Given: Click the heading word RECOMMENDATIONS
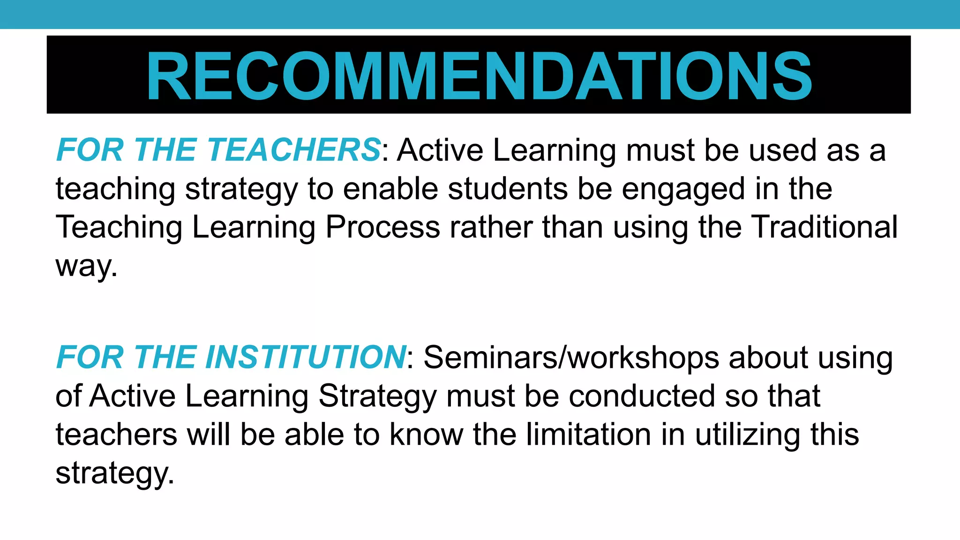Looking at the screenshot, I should tap(479, 76).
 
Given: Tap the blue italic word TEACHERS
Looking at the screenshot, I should tap(294, 150).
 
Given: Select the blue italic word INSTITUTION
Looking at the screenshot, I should tap(306, 357).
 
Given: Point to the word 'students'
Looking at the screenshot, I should tap(507, 188).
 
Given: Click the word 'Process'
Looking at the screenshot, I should tap(382, 227).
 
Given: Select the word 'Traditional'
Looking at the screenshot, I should tap(825, 227).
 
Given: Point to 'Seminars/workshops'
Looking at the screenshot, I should tap(571, 358).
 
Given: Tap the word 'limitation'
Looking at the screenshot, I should tap(588, 435).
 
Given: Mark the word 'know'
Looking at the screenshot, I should tap(426, 435).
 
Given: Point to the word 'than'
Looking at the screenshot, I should tap(573, 227).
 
